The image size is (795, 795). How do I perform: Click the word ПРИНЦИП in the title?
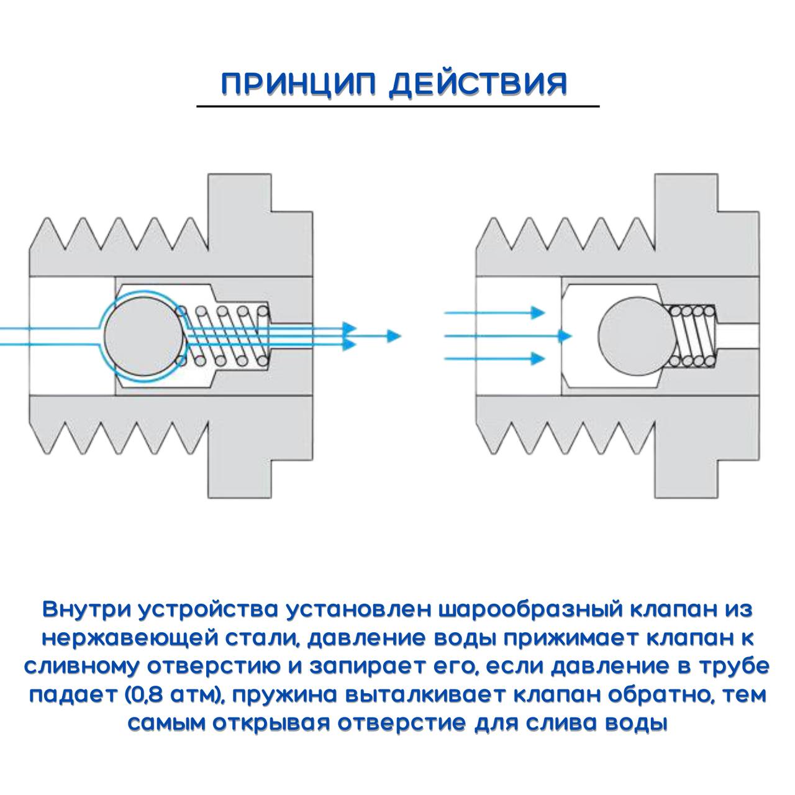pyautogui.click(x=298, y=84)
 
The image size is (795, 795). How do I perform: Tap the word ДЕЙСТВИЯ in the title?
pyautogui.click(x=478, y=84)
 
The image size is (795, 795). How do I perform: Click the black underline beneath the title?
pyautogui.click(x=397, y=107)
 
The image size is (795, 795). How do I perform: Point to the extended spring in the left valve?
pyautogui.click(x=227, y=335)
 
